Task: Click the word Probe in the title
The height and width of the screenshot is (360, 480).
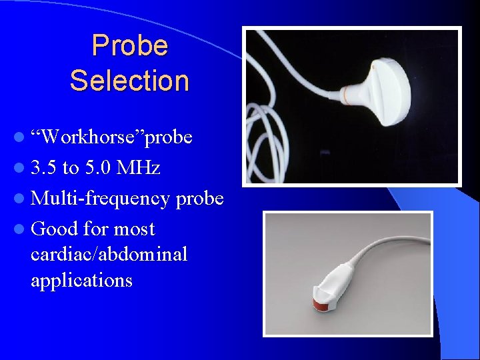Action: coord(129,46)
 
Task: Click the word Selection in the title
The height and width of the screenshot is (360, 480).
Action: coord(129,81)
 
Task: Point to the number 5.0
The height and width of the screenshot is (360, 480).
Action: coord(97,168)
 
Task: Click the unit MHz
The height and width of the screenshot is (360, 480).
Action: coord(138,168)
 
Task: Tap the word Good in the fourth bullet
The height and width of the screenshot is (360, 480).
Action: coord(55,229)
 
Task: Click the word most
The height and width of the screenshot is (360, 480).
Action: coord(134,229)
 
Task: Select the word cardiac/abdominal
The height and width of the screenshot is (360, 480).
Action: coord(109,254)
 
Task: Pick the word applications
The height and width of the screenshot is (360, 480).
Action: coord(81,280)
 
